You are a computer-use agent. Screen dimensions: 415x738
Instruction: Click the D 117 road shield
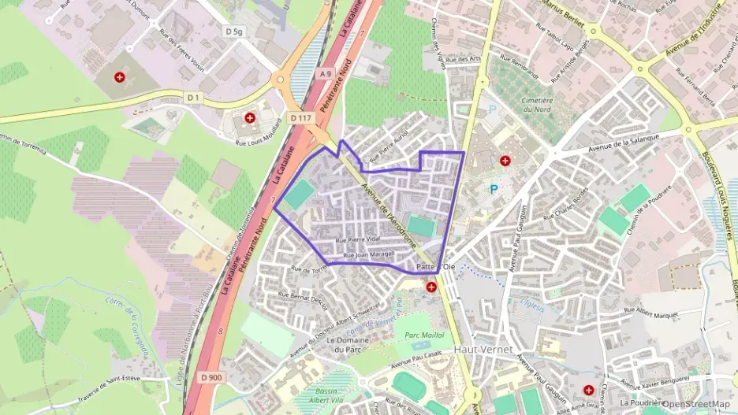point(301,118)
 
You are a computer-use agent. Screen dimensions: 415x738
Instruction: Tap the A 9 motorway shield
point(325,74)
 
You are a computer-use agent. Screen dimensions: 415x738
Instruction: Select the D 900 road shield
point(211,377)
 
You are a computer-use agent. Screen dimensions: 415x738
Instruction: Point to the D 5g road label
point(233,31)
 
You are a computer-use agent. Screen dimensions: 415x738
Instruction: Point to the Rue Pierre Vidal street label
point(358,239)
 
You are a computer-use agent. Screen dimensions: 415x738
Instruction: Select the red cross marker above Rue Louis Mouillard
point(250,118)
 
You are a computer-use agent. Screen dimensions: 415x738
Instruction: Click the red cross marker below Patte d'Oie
point(431,287)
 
